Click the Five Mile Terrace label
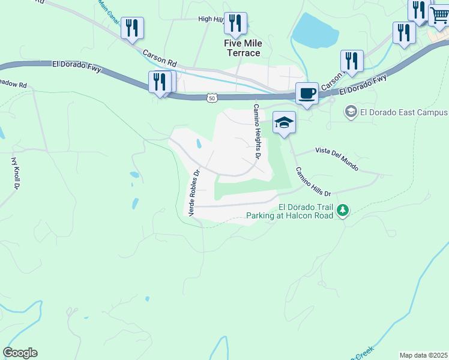point(242,48)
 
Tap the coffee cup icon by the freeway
point(307,94)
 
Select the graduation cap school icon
point(284,122)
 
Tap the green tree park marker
point(343,210)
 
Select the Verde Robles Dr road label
point(193,193)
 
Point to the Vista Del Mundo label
point(336,158)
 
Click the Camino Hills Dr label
point(312,181)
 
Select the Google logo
point(20,353)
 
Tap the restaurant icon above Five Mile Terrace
point(235,23)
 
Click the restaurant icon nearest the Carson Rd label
point(131,28)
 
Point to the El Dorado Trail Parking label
point(289,211)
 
